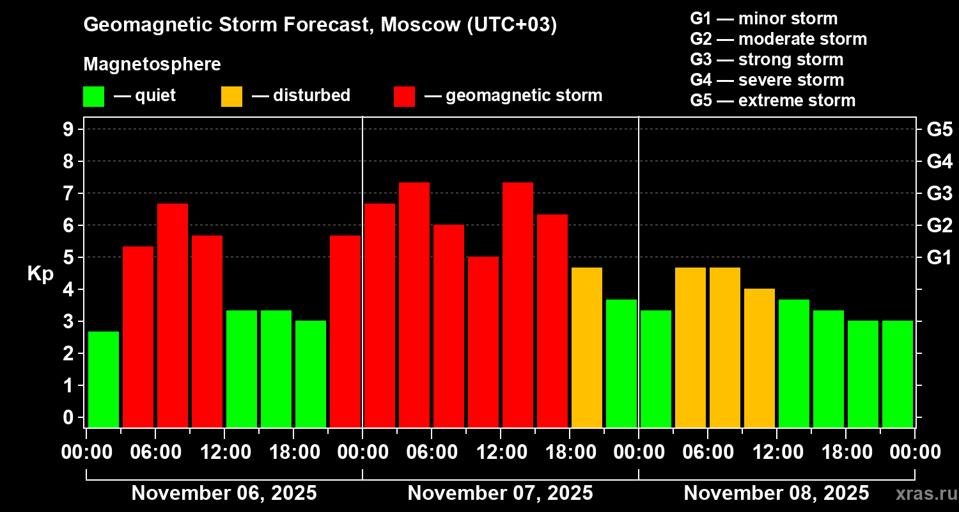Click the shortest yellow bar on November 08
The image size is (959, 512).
point(760,358)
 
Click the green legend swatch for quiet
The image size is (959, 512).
point(93,97)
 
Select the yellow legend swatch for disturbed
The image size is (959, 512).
point(231,97)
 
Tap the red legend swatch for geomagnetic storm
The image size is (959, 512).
point(404,97)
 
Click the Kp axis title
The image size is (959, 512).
point(40,274)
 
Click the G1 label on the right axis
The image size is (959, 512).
point(939,257)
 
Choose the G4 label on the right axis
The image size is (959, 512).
point(939,161)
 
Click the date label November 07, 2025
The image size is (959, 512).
point(500,493)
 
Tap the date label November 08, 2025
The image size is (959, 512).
point(776,493)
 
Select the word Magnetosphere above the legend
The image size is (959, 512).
point(152,65)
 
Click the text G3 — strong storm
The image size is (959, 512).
point(767,60)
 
